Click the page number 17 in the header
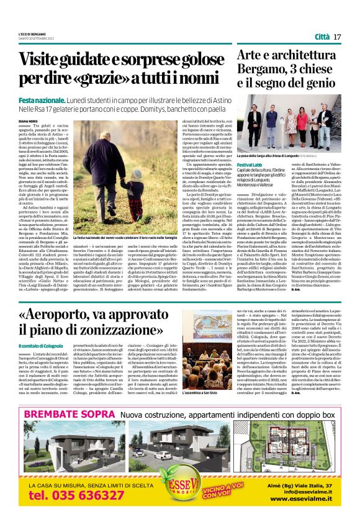[338, 37]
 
